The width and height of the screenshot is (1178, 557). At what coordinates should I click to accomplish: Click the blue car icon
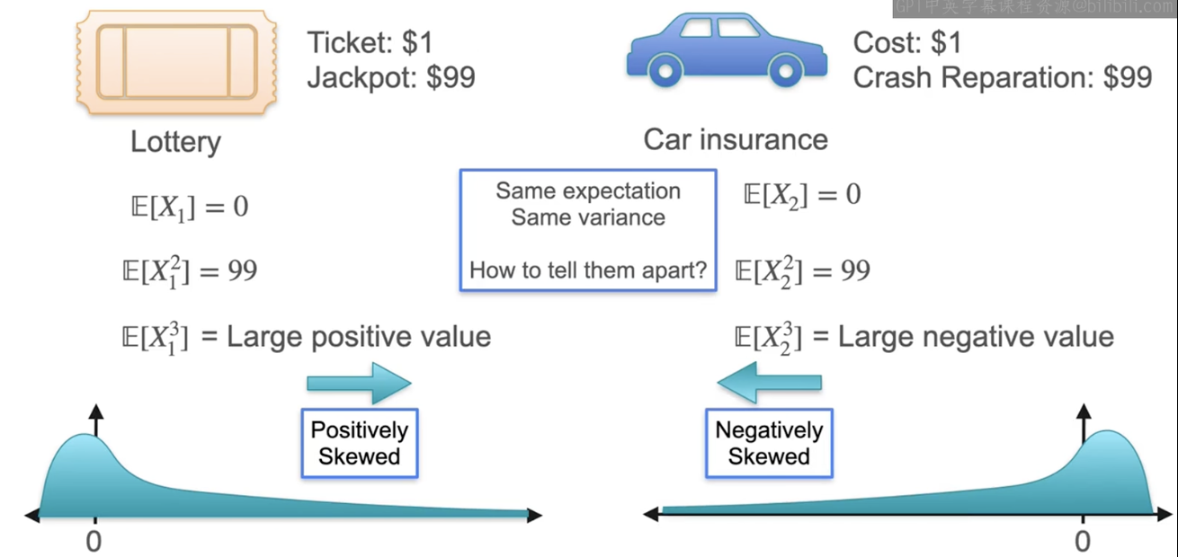click(727, 49)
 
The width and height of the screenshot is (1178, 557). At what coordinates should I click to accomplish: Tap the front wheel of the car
click(785, 68)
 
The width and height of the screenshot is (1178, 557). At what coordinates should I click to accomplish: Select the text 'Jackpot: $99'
click(391, 78)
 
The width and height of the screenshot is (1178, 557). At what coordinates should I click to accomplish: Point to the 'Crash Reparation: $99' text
click(1002, 78)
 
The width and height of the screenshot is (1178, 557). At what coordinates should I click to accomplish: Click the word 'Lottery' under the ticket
click(175, 142)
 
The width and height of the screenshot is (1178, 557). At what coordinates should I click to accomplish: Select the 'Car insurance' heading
click(736, 140)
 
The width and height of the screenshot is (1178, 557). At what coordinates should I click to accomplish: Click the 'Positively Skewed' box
click(359, 443)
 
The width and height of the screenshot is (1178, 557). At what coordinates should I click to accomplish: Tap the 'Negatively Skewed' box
click(769, 443)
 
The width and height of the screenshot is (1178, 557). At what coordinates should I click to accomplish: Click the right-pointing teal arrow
click(359, 384)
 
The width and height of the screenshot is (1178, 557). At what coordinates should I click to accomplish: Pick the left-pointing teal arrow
click(769, 384)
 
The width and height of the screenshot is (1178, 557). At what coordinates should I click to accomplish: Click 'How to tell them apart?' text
click(588, 270)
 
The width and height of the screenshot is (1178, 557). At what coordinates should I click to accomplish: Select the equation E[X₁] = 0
click(189, 208)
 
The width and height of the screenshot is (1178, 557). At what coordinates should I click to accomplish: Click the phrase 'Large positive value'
click(359, 337)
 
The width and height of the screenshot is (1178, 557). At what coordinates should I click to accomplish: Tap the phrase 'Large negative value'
click(976, 337)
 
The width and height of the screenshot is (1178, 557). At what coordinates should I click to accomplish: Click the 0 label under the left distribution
click(94, 541)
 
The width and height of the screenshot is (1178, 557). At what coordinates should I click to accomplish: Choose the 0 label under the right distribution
click(1083, 541)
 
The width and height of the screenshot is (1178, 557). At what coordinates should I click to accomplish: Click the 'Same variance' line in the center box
click(588, 217)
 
